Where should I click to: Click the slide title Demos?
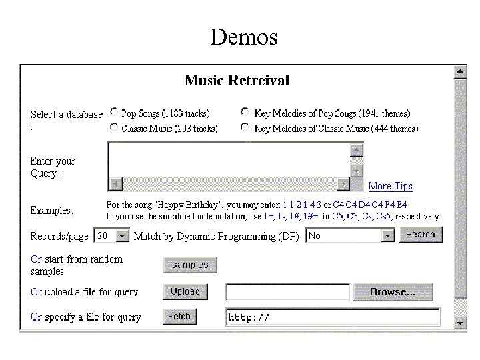point(243,37)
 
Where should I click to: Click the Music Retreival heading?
point(237,81)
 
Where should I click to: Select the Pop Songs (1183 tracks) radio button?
point(115,113)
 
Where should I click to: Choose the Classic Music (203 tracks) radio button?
point(115,127)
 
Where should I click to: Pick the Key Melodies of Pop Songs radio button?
point(245,113)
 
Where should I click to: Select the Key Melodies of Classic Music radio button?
point(245,127)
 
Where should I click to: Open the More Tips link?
point(390,186)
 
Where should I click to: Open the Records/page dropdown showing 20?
point(112,235)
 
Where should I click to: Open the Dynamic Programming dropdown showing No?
point(351,235)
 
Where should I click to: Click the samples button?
point(190,265)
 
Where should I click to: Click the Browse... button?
point(393,292)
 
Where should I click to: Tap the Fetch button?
point(179,317)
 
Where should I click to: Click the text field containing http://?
point(333,317)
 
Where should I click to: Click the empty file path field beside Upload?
point(288,292)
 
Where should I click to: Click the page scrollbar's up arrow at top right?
point(460,71)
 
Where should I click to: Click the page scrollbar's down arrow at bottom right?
point(460,323)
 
